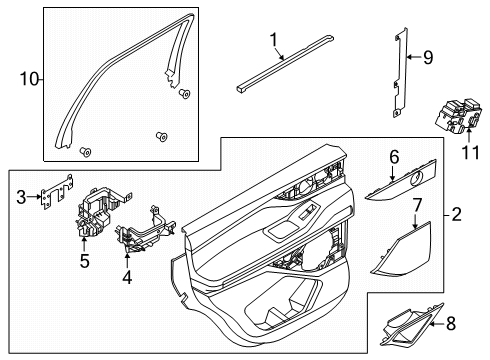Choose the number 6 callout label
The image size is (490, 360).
393,157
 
